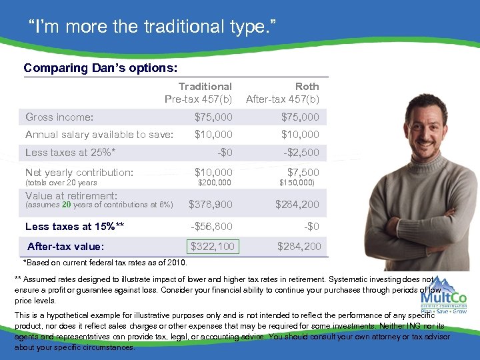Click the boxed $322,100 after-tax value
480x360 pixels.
[213, 247]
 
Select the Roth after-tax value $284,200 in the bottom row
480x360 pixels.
[299, 247]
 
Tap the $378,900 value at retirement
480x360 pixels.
[211, 205]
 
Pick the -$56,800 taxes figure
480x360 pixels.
[211, 226]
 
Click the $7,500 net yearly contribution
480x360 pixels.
[303, 173]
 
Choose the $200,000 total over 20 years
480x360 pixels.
[215, 183]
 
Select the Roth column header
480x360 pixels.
[283, 93]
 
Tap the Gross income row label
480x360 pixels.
[59, 117]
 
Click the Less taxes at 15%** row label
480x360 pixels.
[75, 226]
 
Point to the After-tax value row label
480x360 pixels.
[65, 247]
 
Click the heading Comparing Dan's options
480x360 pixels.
[101, 68]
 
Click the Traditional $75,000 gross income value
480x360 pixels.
[213, 117]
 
